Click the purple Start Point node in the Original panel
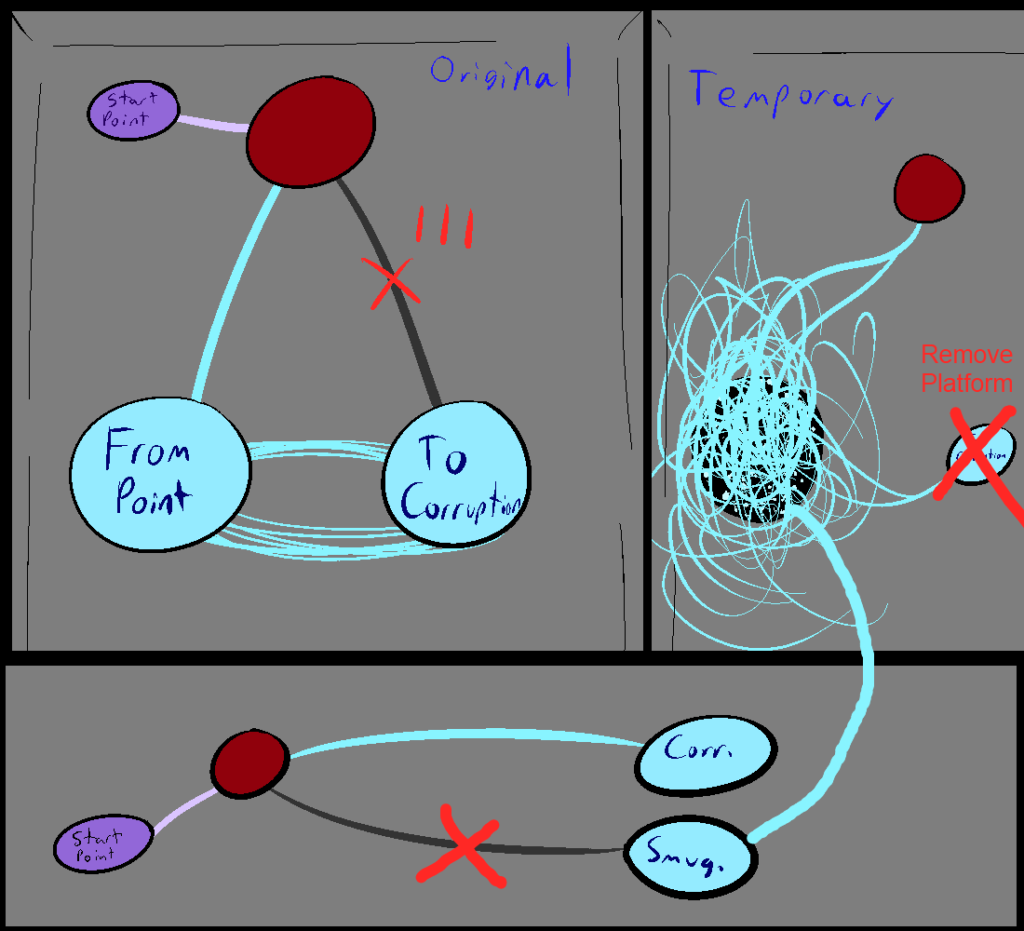click(132, 110)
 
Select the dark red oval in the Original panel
click(311, 131)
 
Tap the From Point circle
click(161, 476)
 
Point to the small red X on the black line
click(393, 281)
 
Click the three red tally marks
click(445, 227)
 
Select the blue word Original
click(499, 74)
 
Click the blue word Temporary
click(789, 94)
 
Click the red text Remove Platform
click(966, 369)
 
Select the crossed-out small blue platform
click(977, 456)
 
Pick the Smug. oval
click(688, 857)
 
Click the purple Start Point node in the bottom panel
click(99, 846)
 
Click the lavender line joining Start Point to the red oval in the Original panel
click(211, 124)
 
